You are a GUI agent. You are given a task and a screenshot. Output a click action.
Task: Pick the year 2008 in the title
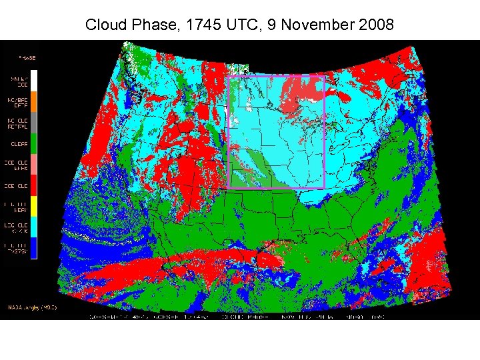[377, 25]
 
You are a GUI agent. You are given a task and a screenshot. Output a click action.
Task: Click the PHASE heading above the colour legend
[26, 58]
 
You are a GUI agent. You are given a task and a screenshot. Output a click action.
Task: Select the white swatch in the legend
[34, 81]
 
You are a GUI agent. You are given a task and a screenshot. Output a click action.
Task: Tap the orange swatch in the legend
[34, 101]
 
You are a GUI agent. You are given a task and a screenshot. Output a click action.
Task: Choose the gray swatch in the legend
[34, 122]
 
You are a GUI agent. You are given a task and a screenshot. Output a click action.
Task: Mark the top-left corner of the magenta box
[229, 77]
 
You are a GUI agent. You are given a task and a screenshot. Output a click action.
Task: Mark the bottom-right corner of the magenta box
[324, 188]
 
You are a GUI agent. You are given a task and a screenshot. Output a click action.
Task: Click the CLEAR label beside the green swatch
[18, 143]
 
